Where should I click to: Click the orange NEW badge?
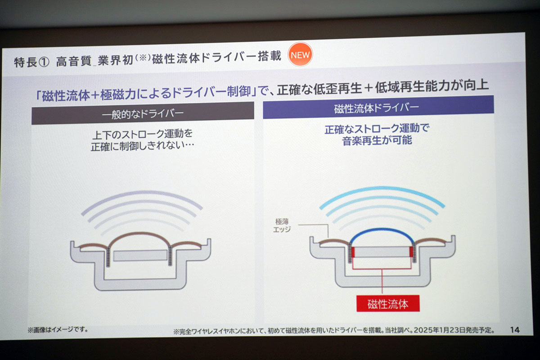pos(299,55)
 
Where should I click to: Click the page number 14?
pos(515,330)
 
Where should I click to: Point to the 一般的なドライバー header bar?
pos(143,115)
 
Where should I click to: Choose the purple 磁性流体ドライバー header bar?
pos(378,109)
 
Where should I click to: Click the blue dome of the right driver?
pos(382,233)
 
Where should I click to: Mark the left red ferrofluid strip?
pos(353,252)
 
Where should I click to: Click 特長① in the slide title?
pos(31,62)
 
